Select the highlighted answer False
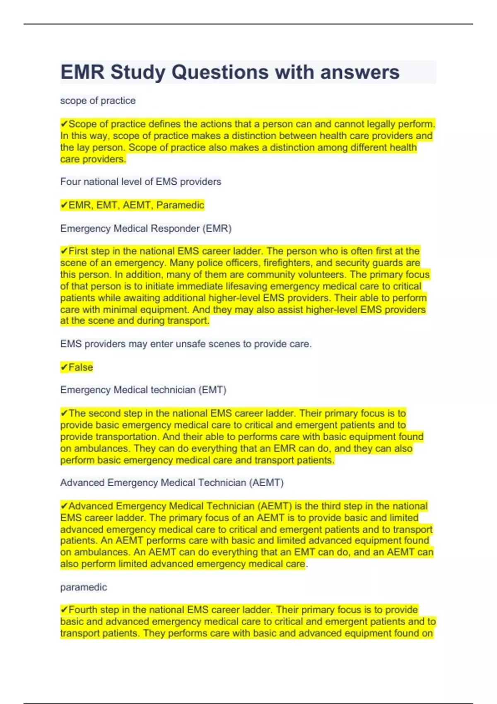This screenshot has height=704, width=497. coord(81,367)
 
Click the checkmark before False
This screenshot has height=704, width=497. coord(64,367)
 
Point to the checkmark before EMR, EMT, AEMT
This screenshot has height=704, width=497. coord(64,205)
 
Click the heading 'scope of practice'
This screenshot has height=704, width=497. coord(98,101)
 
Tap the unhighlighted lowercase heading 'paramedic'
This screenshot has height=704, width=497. coord(84,587)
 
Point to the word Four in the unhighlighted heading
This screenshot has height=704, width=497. coord(71,182)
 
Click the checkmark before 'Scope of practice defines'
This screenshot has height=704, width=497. coord(64,124)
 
